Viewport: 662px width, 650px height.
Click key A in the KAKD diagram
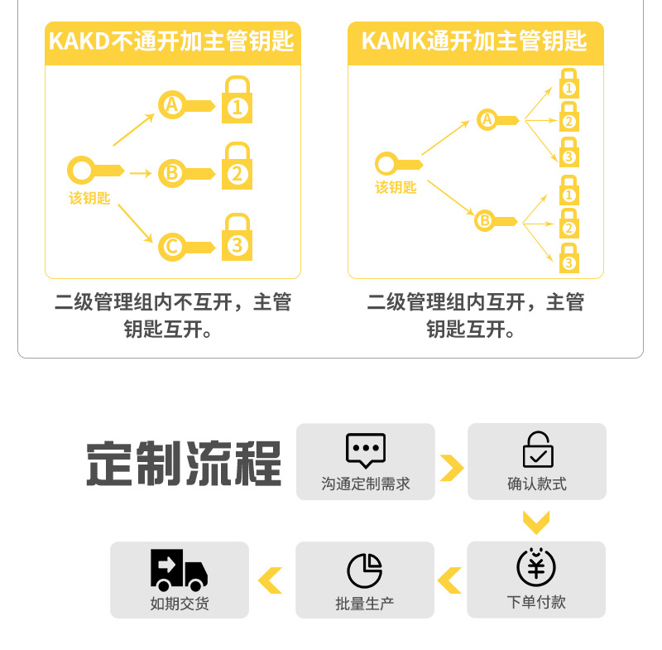tap(186, 104)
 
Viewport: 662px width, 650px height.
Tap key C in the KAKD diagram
tap(186, 247)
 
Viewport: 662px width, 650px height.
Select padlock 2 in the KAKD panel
tap(237, 166)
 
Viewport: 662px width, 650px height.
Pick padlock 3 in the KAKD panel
tap(237, 237)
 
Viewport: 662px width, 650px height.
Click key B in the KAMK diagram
tap(496, 220)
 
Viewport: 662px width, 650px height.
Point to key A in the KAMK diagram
tap(498, 119)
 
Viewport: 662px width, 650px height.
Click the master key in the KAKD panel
tap(95, 171)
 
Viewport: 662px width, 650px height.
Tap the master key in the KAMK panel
tap(399, 163)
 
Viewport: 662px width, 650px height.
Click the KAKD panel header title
tap(171, 41)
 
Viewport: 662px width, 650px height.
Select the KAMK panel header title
tap(474, 41)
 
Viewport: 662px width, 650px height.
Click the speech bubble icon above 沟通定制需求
tap(366, 450)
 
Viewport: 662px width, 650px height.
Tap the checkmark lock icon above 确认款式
tap(538, 449)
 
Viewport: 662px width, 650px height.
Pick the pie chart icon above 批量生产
tap(365, 571)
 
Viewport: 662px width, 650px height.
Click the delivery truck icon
tap(179, 570)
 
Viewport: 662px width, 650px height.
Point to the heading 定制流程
tap(184, 463)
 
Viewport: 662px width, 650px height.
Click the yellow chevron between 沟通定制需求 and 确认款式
tap(452, 468)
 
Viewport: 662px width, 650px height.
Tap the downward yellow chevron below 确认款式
tap(536, 522)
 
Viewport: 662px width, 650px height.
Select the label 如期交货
tap(180, 604)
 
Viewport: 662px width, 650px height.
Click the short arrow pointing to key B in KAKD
tap(141, 173)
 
